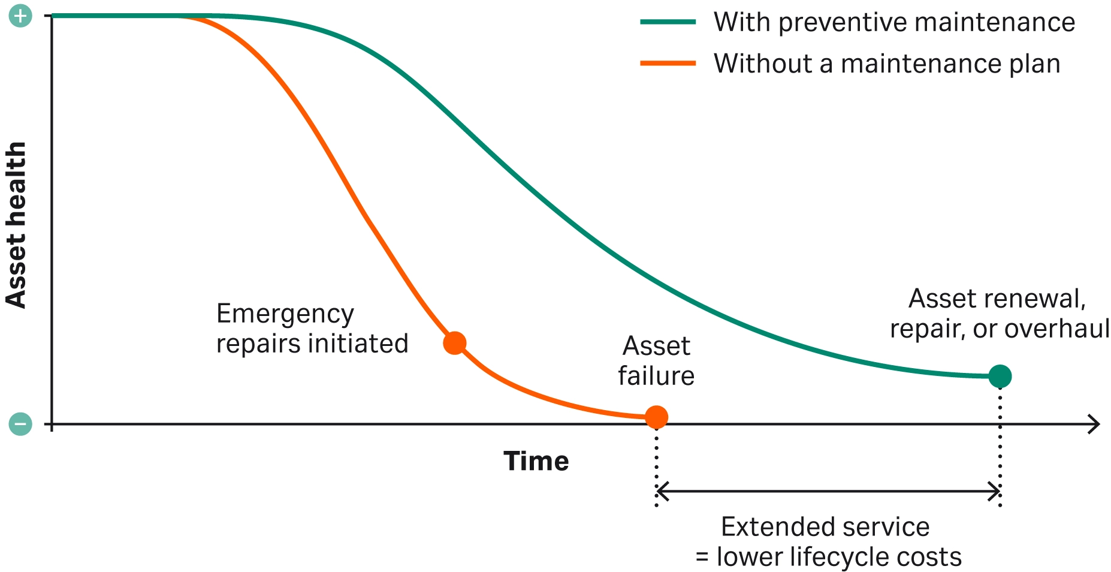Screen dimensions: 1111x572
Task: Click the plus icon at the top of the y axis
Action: pyautogui.click(x=20, y=16)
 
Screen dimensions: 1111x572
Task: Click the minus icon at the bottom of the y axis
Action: pyautogui.click(x=20, y=424)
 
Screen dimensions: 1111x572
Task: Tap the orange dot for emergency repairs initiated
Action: pyautogui.click(x=455, y=343)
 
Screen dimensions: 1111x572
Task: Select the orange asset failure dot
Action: pyautogui.click(x=656, y=417)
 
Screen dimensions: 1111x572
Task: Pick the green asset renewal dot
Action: pyautogui.click(x=1000, y=377)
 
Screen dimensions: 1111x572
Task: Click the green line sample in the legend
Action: pyautogui.click(x=668, y=22)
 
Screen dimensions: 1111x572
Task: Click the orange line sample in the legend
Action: pyautogui.click(x=668, y=63)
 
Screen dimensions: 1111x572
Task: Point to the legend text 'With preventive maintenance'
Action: pyautogui.click(x=894, y=23)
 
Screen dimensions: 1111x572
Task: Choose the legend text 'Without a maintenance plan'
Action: pyautogui.click(x=887, y=64)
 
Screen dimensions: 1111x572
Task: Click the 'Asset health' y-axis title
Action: pyautogui.click(x=16, y=225)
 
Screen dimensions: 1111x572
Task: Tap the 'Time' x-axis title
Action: pyautogui.click(x=536, y=461)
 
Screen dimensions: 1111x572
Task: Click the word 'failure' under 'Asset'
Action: pyautogui.click(x=656, y=376)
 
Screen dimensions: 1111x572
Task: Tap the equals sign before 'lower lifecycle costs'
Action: pyautogui.click(x=702, y=558)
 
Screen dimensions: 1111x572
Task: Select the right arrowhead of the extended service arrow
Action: pyautogui.click(x=994, y=492)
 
